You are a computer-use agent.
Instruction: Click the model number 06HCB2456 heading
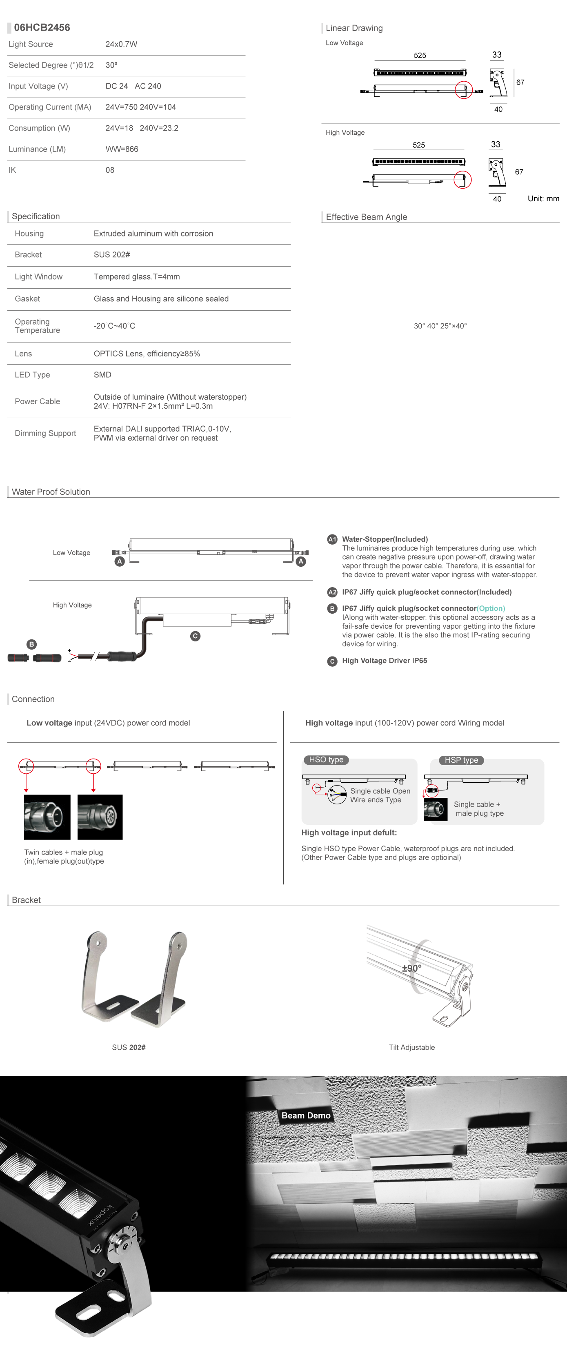pos(42,27)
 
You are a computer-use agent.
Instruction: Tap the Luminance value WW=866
pos(122,149)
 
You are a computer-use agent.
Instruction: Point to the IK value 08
pos(109,170)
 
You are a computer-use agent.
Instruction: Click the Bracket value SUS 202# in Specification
pos(111,254)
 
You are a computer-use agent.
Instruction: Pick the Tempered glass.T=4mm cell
pos(137,276)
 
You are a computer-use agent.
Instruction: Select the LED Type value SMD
pos(102,374)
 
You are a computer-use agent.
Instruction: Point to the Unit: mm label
pos(543,198)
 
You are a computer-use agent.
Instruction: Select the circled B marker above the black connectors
pos(31,644)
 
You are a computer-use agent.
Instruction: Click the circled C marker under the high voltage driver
pos(195,636)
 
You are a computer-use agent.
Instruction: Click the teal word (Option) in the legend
pos(491,608)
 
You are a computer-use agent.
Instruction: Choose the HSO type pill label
pos(326,759)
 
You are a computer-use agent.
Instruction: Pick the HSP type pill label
pos(461,760)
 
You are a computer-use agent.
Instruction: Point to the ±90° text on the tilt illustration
pos(411,968)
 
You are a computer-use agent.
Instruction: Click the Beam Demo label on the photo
pos(306,1115)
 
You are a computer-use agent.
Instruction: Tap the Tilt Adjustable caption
pos(411,1047)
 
